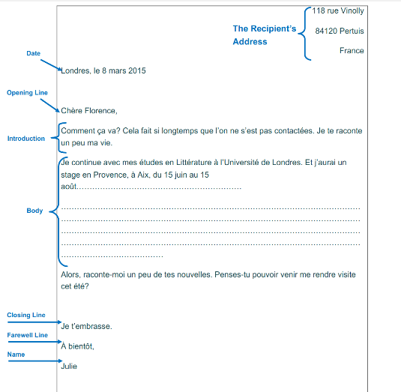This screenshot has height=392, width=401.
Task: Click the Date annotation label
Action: (x=33, y=53)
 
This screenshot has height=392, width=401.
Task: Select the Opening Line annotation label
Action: (x=27, y=93)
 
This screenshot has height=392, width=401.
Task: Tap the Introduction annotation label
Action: (x=26, y=139)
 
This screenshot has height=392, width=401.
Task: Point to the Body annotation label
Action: (x=34, y=211)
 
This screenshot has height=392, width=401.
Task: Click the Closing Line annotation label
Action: (x=26, y=316)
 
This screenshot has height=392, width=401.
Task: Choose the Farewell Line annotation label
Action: (x=27, y=335)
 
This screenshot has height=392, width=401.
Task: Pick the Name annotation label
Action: (x=15, y=354)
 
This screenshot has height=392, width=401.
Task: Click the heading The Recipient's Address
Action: (x=264, y=35)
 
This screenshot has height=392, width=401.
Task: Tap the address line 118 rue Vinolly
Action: (x=338, y=10)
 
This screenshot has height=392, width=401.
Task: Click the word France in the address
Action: (x=352, y=51)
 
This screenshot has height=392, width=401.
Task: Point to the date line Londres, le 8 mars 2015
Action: (x=103, y=71)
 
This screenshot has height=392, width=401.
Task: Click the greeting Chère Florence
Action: (x=89, y=111)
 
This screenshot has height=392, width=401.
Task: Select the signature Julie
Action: (x=69, y=367)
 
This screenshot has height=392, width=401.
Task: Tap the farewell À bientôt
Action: (x=77, y=346)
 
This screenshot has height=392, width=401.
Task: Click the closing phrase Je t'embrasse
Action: (x=86, y=326)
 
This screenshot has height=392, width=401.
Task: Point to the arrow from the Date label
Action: (x=51, y=64)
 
